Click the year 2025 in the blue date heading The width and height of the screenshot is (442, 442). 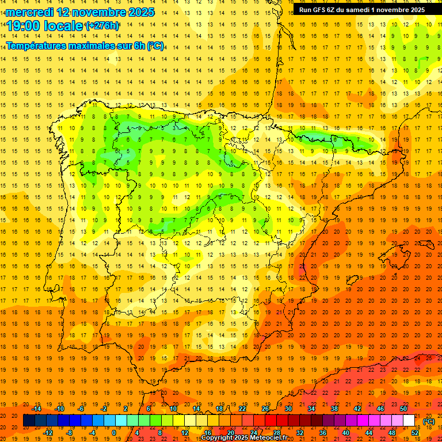point(139,12)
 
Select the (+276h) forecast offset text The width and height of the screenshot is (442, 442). point(102,26)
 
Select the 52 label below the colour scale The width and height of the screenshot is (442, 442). point(415,433)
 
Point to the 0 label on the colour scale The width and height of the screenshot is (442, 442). point(113,433)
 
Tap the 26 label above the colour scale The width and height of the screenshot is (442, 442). point(265,409)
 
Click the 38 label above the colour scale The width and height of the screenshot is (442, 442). point(334,409)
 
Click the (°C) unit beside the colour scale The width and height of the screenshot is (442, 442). point(428,421)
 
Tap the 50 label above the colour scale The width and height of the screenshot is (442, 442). point(403,409)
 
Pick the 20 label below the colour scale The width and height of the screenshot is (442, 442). point(231,433)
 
